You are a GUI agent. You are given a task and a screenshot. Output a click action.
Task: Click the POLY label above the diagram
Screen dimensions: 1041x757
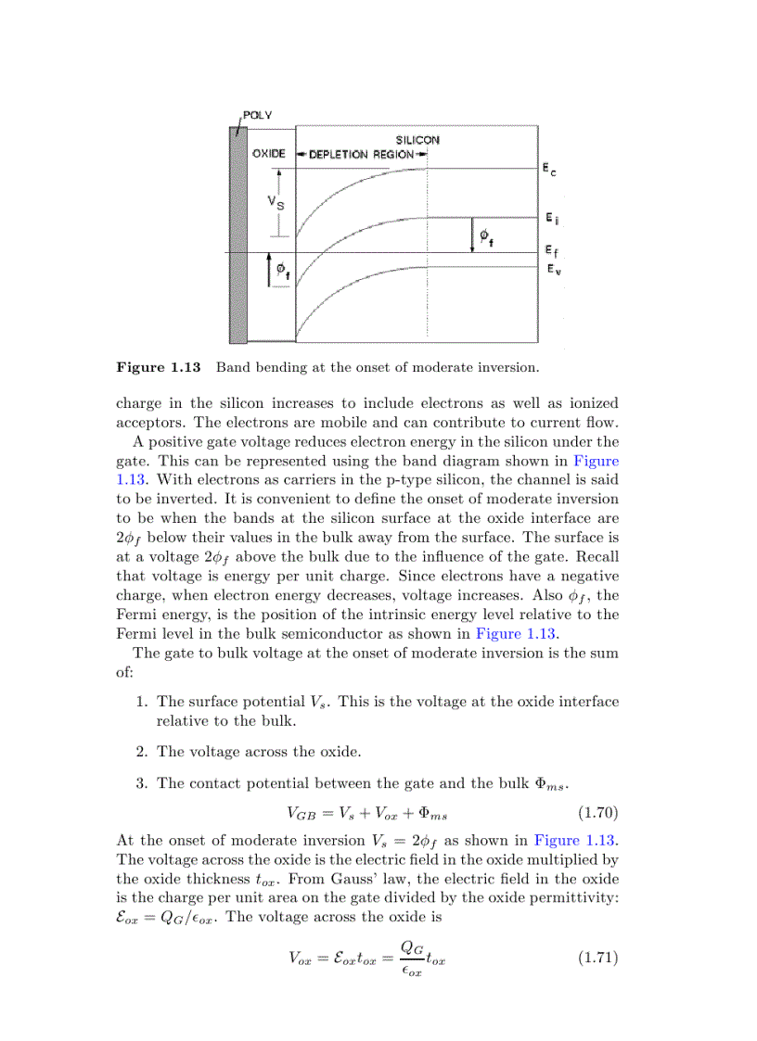click(x=257, y=115)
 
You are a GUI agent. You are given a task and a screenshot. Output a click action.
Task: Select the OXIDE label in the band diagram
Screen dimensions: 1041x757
click(x=268, y=154)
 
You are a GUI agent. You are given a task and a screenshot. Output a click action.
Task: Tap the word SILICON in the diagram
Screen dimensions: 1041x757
click(x=417, y=140)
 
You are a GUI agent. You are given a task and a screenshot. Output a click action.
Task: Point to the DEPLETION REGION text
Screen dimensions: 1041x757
click(x=361, y=154)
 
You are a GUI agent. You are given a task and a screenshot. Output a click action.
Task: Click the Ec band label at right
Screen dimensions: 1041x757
click(x=550, y=170)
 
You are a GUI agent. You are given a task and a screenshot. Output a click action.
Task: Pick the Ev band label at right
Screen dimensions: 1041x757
click(x=552, y=270)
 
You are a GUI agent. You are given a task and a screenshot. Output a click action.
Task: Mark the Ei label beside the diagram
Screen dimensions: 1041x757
click(x=551, y=220)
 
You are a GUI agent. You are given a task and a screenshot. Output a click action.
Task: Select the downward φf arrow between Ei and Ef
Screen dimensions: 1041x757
click(x=471, y=235)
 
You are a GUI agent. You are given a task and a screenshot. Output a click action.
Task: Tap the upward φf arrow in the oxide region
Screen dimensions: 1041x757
click(x=270, y=271)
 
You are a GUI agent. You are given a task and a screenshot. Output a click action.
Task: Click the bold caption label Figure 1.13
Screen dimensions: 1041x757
click(x=159, y=367)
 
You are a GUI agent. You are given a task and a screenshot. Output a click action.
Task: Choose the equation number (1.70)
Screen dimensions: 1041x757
click(x=597, y=814)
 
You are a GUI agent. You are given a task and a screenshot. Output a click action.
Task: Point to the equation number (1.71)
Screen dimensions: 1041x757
click(x=597, y=958)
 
